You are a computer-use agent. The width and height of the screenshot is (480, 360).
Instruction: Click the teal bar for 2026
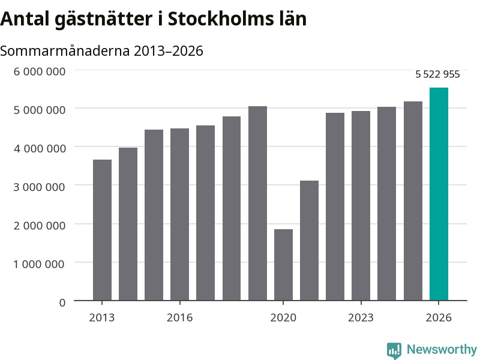point(439,194)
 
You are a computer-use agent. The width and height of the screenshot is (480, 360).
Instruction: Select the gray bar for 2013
point(102,230)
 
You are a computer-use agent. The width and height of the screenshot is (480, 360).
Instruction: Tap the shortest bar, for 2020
point(283,265)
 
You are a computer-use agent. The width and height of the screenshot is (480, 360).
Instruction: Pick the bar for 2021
point(309,241)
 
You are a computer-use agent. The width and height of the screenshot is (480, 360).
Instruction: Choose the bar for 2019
point(258,203)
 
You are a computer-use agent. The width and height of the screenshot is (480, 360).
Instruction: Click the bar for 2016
point(179,215)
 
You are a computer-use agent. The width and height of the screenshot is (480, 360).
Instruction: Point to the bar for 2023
point(361,206)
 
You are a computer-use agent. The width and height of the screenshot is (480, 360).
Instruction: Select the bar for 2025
point(413,201)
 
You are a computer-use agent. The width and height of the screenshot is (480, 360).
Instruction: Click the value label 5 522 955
point(437,74)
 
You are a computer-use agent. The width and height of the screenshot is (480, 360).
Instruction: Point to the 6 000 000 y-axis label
point(40,71)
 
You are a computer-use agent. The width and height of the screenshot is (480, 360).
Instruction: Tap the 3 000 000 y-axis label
point(39,187)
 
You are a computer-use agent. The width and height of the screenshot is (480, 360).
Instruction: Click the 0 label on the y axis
point(62,303)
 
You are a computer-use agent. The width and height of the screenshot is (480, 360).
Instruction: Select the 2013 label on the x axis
point(102,317)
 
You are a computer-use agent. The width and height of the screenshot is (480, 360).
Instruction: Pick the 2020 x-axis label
point(283,317)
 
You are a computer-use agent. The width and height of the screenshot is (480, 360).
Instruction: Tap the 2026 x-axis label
point(439,317)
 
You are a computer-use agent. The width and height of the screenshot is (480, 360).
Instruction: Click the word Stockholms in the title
point(221,19)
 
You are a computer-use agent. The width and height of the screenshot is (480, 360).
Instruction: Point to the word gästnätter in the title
point(103,20)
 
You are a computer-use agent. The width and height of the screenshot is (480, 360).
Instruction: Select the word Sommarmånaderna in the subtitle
point(65,51)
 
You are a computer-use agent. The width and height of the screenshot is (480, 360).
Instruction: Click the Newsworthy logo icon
point(394,350)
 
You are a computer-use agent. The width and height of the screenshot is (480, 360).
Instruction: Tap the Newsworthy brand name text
point(442,349)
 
